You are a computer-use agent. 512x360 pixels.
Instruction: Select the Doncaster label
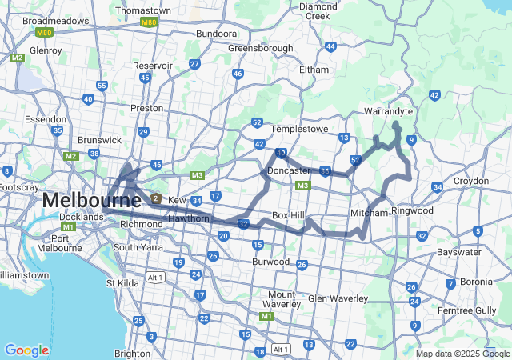click(x=289, y=170)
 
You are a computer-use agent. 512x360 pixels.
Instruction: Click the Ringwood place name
click(x=412, y=210)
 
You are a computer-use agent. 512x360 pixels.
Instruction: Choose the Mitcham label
click(x=369, y=213)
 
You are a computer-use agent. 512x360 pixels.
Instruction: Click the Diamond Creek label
click(x=318, y=10)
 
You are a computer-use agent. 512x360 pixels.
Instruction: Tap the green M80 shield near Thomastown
click(x=148, y=22)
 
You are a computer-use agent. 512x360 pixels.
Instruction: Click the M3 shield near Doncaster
click(x=302, y=186)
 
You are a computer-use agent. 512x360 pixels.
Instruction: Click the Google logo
click(x=26, y=350)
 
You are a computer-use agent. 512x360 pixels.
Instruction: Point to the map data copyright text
click(x=462, y=354)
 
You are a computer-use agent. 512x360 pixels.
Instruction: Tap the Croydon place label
click(x=470, y=181)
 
